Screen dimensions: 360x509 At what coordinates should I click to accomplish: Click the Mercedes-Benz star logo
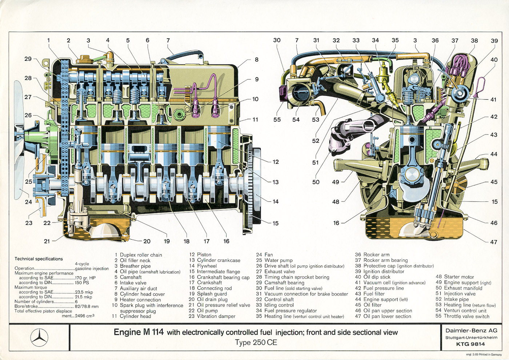[39, 337]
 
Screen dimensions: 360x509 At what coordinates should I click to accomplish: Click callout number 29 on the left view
[28, 59]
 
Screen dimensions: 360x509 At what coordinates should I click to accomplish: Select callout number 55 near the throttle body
[277, 119]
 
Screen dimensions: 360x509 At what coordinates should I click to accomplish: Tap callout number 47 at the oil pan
[493, 242]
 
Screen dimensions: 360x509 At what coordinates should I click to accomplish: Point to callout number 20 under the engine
[147, 241]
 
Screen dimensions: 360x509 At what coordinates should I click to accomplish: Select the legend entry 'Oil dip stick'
[377, 277]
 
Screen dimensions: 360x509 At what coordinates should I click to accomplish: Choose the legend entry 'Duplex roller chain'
[141, 255]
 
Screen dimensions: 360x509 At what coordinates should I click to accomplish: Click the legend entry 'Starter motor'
[459, 277]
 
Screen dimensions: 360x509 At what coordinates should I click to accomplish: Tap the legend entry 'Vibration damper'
[216, 316]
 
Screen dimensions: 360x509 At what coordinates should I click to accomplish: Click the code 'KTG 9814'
[470, 344]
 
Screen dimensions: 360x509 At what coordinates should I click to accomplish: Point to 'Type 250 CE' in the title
[256, 343]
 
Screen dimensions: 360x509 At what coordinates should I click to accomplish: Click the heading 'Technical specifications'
[39, 259]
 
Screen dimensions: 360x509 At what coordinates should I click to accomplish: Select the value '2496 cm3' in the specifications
[85, 316]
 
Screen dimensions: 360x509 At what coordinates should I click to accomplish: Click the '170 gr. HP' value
[85, 278]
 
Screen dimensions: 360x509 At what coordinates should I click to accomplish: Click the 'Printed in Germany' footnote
[484, 355]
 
